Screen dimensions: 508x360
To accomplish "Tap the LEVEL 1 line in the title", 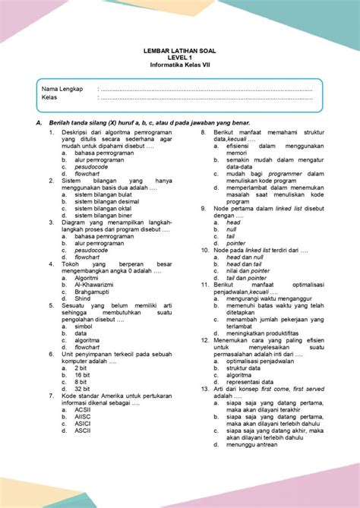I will point(180,60).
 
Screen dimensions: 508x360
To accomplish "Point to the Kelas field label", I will point(50,98).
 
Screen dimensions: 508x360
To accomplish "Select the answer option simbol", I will point(85,327).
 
